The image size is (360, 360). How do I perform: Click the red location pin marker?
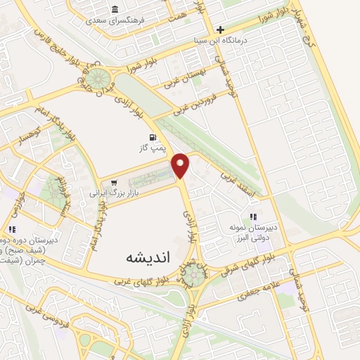[181, 165]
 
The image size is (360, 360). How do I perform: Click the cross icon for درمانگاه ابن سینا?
[221, 30]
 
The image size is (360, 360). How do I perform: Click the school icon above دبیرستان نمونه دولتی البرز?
[253, 217]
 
